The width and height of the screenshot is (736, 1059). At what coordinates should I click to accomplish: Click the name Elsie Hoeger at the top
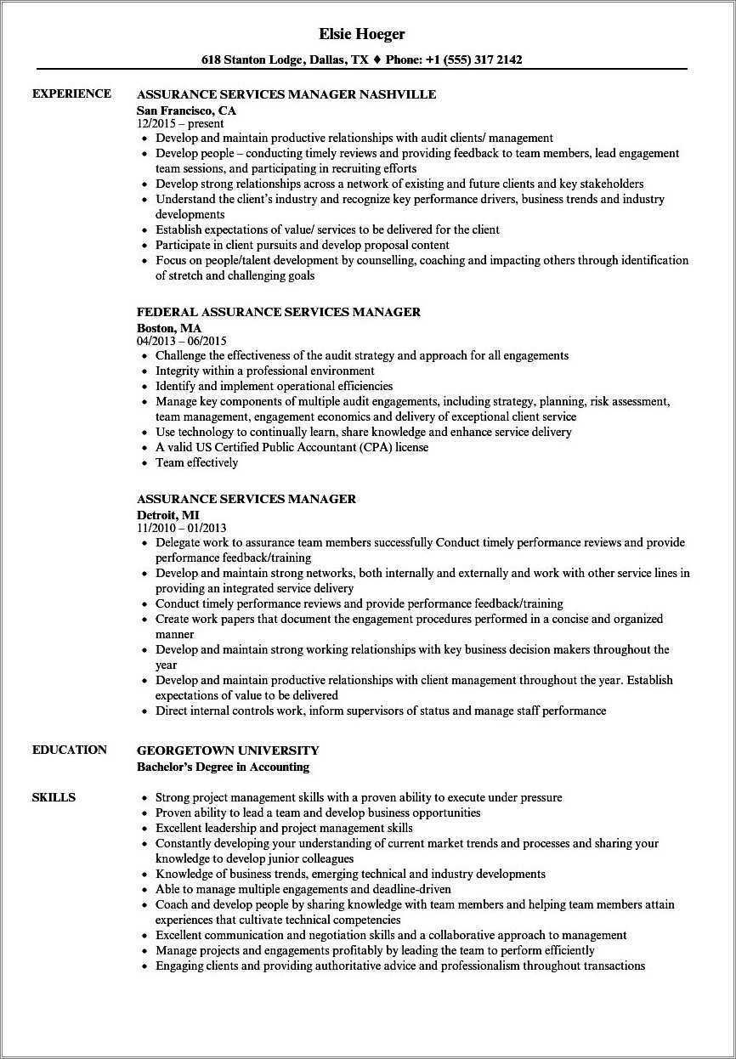point(361,34)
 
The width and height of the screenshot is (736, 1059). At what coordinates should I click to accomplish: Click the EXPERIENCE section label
point(71,93)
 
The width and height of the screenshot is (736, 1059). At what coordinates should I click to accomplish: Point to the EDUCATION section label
point(70,750)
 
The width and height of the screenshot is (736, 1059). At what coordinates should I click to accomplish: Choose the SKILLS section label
point(54,797)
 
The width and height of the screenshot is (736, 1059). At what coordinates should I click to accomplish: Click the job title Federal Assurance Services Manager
point(279,312)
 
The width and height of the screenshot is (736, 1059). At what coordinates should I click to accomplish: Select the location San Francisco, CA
point(186,110)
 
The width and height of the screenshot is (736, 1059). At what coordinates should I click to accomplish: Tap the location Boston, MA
point(169,327)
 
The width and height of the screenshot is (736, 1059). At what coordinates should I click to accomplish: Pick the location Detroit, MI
point(168,514)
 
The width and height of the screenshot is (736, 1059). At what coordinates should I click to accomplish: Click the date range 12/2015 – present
point(180,124)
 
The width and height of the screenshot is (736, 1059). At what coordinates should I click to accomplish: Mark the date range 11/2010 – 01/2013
point(182,528)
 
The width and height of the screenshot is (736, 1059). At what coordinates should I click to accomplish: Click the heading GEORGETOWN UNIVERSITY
point(228,750)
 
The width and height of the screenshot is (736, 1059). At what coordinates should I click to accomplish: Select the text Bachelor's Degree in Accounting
point(223,767)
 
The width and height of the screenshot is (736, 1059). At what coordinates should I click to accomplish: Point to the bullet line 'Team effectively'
point(196,462)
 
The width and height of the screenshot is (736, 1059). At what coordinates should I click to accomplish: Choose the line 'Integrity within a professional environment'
point(265,371)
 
